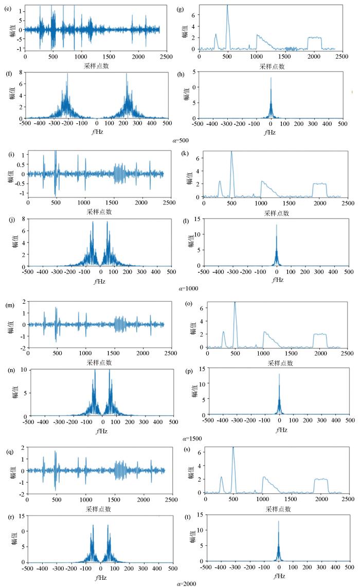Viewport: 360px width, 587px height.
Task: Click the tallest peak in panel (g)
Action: [x=227, y=5]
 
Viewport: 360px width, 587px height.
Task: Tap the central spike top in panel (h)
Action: [x=271, y=78]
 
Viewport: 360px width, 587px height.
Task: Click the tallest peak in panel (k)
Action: [x=232, y=152]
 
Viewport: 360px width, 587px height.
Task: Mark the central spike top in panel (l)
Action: [x=277, y=225]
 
